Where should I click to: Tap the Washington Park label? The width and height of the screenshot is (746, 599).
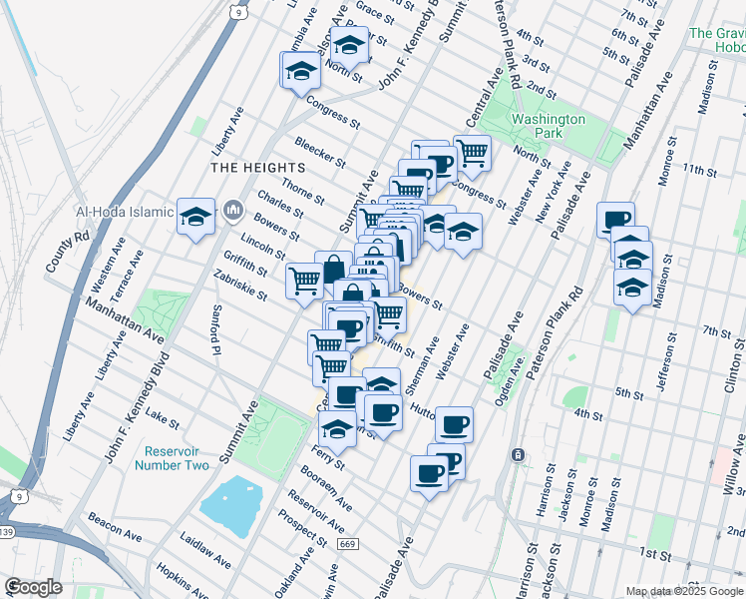tap(549, 126)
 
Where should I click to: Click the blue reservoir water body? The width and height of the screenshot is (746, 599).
tap(230, 499)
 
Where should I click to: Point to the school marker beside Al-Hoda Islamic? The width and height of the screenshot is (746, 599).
tap(196, 216)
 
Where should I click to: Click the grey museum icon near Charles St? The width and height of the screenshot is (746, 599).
tap(234, 210)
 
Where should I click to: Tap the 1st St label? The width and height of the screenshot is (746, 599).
tap(653, 553)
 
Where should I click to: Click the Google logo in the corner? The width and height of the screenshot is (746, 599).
tap(34, 587)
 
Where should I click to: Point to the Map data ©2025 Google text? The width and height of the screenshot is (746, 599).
tap(684, 591)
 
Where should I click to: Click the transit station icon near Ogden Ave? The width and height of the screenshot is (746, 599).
tap(519, 455)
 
